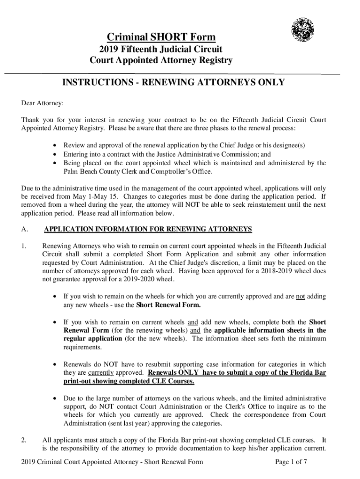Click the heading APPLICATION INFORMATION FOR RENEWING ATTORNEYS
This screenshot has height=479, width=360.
click(148, 229)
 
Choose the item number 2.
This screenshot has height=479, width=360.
click(24, 440)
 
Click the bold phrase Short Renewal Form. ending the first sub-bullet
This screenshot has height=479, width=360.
click(168, 305)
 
